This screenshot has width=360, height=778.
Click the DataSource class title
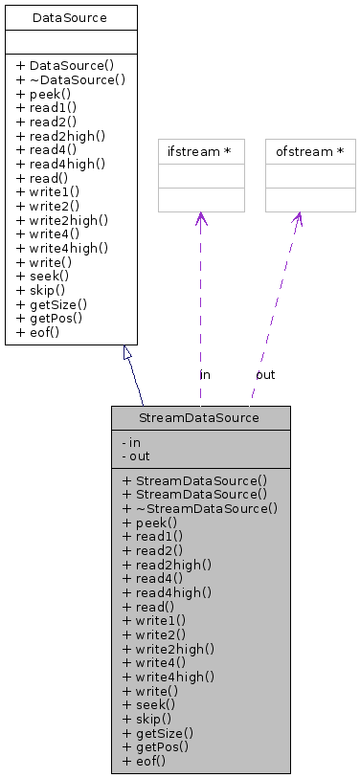[70, 18]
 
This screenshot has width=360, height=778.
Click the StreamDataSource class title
[200, 418]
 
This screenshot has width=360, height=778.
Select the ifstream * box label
[200, 151]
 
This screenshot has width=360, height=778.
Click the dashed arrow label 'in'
[205, 374]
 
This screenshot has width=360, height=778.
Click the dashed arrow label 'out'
[265, 374]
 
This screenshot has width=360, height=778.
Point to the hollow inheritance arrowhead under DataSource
[128, 353]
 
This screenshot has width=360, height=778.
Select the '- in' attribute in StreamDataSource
[132, 442]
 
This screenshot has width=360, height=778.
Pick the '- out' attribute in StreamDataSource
[135, 456]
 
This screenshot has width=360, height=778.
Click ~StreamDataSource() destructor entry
[200, 508]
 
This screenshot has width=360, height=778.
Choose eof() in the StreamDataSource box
[145, 761]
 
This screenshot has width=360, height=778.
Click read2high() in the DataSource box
[61, 137]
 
